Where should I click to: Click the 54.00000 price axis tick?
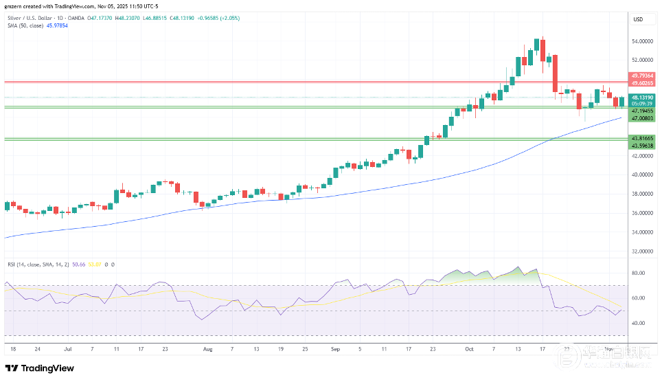click(642, 41)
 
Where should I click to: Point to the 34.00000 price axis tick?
click(642, 232)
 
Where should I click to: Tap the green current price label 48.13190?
click(642, 98)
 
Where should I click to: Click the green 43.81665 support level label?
click(642, 137)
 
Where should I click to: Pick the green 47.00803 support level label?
click(642, 118)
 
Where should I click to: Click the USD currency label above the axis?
click(639, 19)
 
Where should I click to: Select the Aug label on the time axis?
click(208, 348)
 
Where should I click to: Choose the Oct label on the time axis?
click(469, 348)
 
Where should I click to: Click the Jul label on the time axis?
click(67, 348)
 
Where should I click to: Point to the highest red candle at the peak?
click(543, 50)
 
